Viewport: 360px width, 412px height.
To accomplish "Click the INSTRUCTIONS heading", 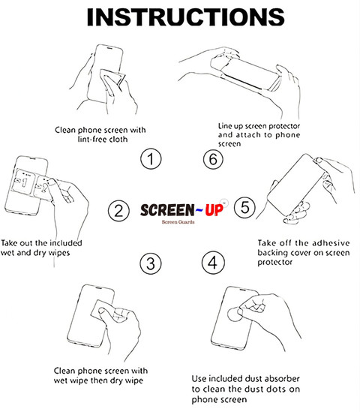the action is (x=185, y=17).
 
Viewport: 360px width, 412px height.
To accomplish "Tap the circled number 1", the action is (x=151, y=159).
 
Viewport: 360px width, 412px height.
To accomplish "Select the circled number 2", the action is (x=118, y=211).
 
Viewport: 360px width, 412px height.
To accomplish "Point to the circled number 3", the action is (x=151, y=263).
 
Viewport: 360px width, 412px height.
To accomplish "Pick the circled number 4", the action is (x=213, y=263).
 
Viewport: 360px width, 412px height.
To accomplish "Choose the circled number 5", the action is (x=244, y=208).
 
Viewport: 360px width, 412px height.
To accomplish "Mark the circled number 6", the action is (x=213, y=159).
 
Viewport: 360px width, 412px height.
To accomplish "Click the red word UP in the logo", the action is (x=214, y=210).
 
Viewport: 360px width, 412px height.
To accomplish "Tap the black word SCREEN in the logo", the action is (x=167, y=210).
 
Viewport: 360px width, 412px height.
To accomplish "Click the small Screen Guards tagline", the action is (x=178, y=222).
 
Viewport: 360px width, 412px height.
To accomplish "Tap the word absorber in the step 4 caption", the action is (x=282, y=379).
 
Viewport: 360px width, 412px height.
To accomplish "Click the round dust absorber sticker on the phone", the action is (x=234, y=314).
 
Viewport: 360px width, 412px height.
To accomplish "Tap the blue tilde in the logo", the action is (x=199, y=209).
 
